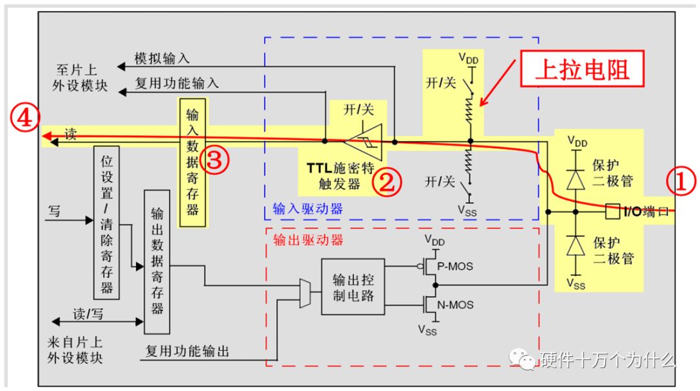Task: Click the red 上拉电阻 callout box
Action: (581, 71)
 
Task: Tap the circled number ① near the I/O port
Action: (681, 182)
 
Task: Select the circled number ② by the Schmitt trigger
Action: (386, 182)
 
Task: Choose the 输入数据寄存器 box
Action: (192, 162)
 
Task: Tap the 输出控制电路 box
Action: (353, 286)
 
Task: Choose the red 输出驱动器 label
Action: (307, 240)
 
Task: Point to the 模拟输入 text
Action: (162, 58)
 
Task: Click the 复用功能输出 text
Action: (187, 352)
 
